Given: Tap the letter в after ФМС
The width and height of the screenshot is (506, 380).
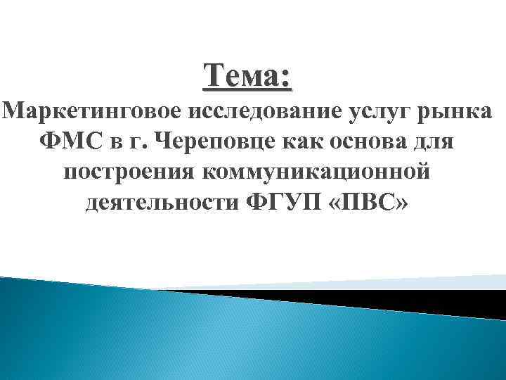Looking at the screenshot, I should click(116, 143).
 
